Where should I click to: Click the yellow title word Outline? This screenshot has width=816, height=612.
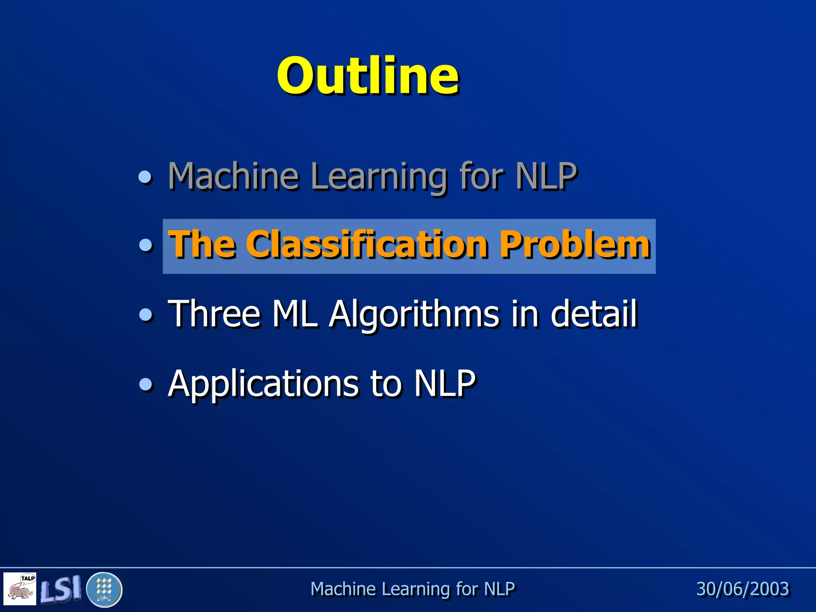[367, 76]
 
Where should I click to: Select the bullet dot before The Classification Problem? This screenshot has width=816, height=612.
[146, 245]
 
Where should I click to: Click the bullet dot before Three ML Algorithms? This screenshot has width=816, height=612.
[146, 315]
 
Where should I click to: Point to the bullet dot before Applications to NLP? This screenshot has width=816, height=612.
[146, 384]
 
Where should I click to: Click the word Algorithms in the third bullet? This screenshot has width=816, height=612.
[414, 315]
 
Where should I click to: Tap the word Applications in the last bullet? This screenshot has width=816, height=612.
[263, 384]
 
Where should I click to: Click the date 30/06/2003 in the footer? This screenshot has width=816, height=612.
[743, 589]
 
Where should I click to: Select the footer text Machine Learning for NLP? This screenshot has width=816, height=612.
[412, 589]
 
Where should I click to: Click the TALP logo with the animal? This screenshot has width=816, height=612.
[20, 589]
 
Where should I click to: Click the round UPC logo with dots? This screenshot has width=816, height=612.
[104, 589]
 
